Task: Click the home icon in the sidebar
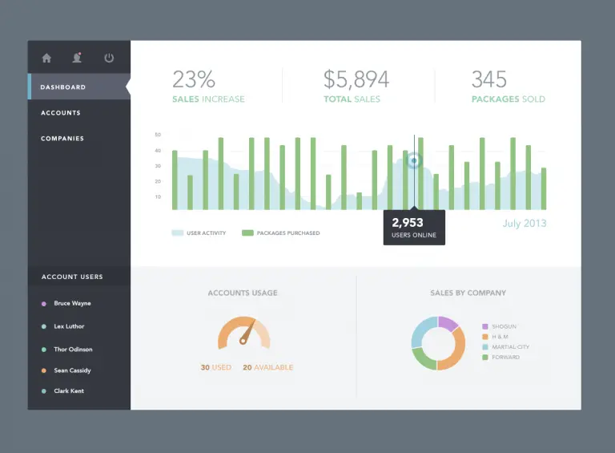pyautogui.click(x=46, y=58)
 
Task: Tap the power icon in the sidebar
pyautogui.click(x=109, y=58)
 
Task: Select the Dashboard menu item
pyautogui.click(x=63, y=87)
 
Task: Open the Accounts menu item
pyautogui.click(x=61, y=113)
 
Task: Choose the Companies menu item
pyautogui.click(x=62, y=139)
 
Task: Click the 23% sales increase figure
pyautogui.click(x=194, y=79)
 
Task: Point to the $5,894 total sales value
pyautogui.click(x=356, y=79)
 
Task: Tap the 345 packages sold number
pyautogui.click(x=488, y=79)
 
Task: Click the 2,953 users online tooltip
pyautogui.click(x=413, y=228)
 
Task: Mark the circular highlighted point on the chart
pyautogui.click(x=414, y=160)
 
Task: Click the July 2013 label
pyautogui.click(x=525, y=223)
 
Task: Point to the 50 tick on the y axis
pyautogui.click(x=158, y=135)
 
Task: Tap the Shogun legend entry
pyautogui.click(x=504, y=326)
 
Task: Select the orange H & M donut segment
pyautogui.click(x=453, y=353)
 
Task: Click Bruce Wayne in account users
pyautogui.click(x=72, y=304)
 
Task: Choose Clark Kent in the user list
pyautogui.click(x=69, y=391)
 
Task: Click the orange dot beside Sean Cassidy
pyautogui.click(x=43, y=371)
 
